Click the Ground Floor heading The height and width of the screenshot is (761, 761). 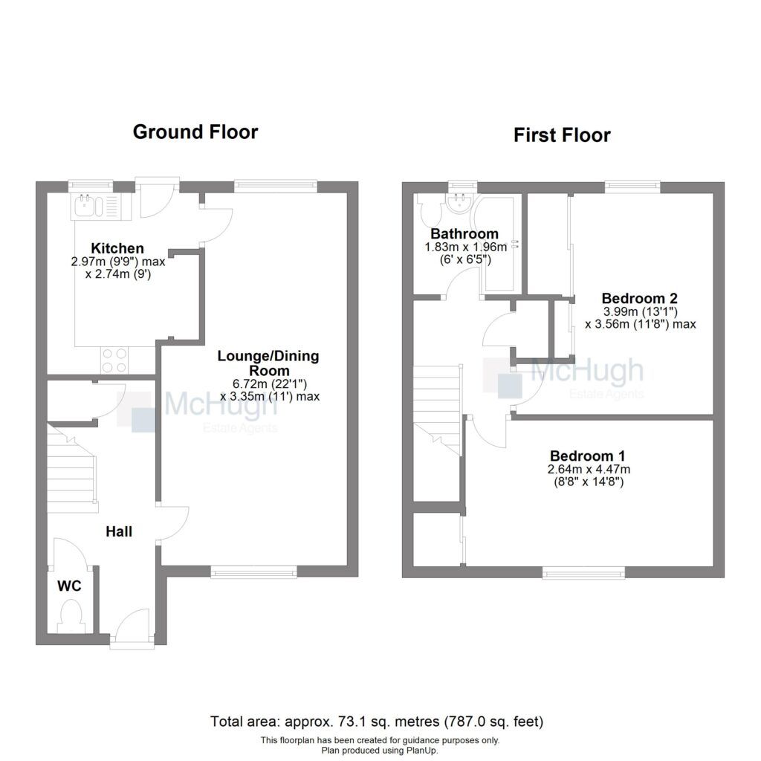click(195, 132)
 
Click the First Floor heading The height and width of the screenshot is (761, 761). click(562, 135)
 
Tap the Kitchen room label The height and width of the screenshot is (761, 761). click(117, 248)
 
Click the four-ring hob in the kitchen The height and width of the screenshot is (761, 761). click(115, 360)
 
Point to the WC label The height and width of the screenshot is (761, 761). click(69, 586)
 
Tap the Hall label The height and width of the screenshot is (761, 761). click(119, 531)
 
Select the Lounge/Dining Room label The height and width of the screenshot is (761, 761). click(268, 363)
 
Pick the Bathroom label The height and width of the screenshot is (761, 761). click(454, 234)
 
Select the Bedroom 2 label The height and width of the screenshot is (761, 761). click(639, 297)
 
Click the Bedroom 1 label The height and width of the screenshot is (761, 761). click(587, 456)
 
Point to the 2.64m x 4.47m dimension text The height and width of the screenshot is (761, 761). click(587, 469)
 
